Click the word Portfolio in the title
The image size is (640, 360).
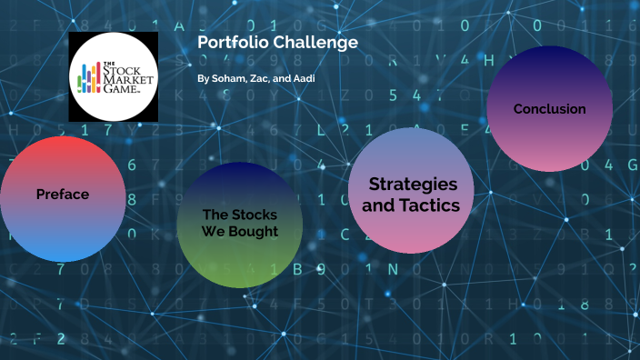coord(228,43)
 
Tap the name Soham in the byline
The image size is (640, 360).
coord(226,79)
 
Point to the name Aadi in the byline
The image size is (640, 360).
coord(304,79)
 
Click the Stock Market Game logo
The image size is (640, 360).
coord(114,76)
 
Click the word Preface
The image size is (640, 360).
coord(62,194)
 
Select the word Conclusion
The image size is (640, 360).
coord(549,109)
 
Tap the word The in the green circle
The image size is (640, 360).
coord(215,215)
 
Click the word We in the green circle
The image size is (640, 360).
coord(212,231)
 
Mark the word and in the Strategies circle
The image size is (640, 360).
coord(377,205)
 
